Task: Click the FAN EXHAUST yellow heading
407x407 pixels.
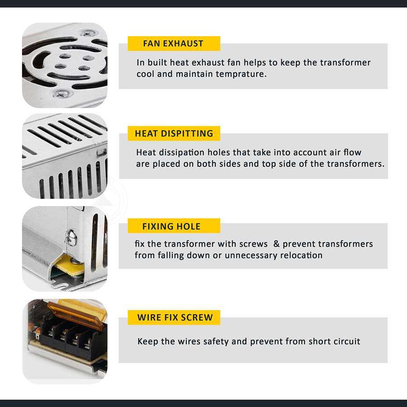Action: coord(173,44)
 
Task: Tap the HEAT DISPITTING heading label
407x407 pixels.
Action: coord(174,133)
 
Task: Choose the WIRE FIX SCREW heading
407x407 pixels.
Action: coord(175,317)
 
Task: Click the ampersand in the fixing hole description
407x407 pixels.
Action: coord(276,244)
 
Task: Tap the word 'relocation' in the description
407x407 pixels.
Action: coord(301,255)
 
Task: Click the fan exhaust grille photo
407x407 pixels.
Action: coord(65,65)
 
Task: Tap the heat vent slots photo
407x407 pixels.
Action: coord(65,156)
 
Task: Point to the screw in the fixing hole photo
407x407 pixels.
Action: coord(70,236)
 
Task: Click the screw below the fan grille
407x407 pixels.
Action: coord(62,94)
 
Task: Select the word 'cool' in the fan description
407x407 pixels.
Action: coord(145,74)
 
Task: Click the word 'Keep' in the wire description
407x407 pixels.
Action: coord(148,341)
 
